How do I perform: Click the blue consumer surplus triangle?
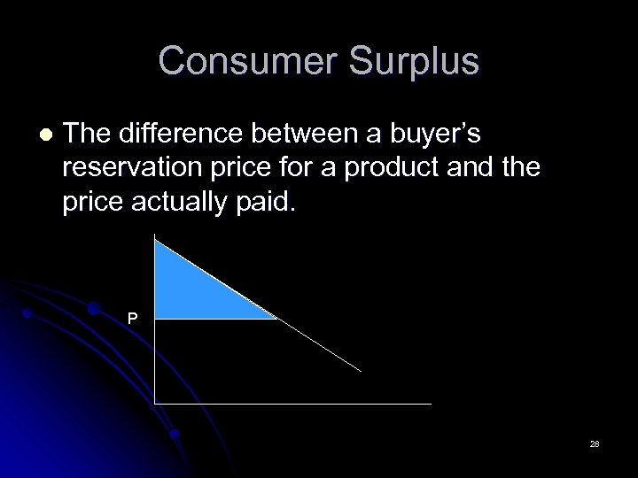[191, 289]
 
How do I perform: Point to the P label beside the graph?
[132, 318]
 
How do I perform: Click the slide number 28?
[595, 443]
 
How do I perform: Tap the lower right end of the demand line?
[362, 371]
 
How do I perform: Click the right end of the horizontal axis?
[431, 404]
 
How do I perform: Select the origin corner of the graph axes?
[155, 404]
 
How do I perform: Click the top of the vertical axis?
[155, 235]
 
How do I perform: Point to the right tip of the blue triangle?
[276, 317]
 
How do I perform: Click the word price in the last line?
[92, 203]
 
